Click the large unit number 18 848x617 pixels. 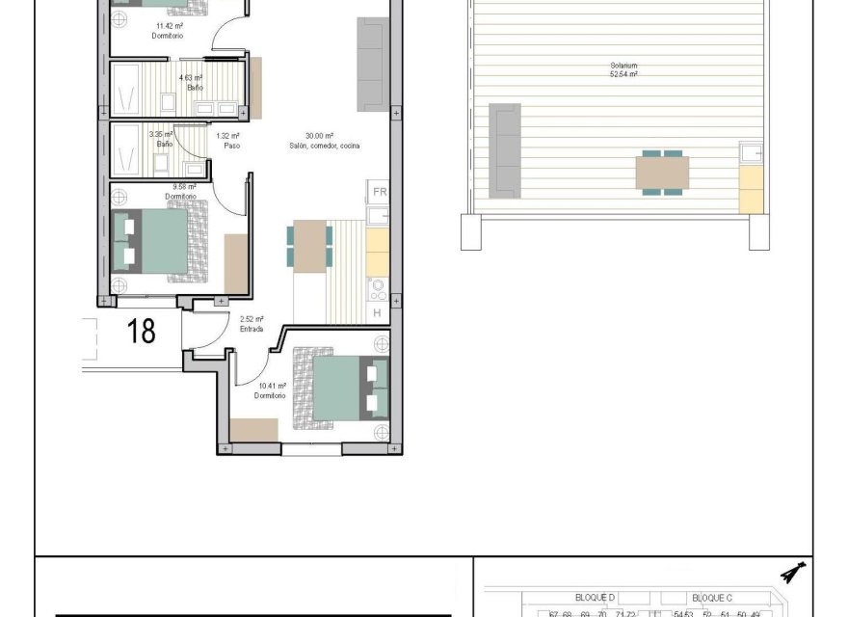(x=141, y=332)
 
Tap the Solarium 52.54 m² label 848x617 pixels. (x=623, y=69)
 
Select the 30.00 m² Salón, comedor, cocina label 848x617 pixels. (x=323, y=141)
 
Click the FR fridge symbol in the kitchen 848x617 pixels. (x=379, y=192)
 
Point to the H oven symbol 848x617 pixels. (x=378, y=313)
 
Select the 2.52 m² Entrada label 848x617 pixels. (x=252, y=325)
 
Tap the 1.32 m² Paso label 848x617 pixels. (x=227, y=141)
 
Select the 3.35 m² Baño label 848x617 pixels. (x=162, y=140)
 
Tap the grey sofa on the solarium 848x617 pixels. (x=506, y=151)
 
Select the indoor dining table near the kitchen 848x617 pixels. (x=309, y=247)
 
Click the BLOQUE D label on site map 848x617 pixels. (x=595, y=598)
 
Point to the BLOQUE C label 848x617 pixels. (x=712, y=598)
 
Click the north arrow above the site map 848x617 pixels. (x=794, y=576)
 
